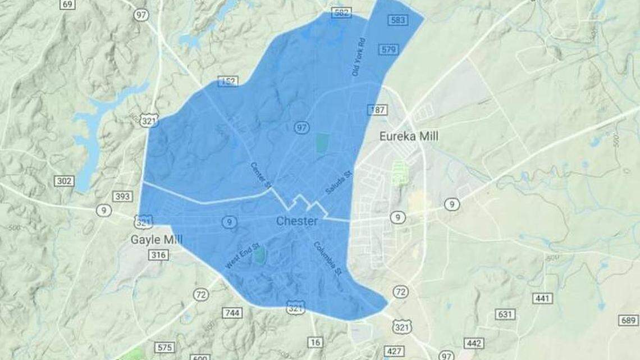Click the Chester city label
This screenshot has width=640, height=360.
coord(296,221)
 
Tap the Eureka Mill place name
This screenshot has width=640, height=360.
coord(409,136)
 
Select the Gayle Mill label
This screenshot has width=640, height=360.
coord(157,240)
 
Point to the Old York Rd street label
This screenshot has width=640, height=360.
coord(358,57)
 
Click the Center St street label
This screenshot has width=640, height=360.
coord(260,176)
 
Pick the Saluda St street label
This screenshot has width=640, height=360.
coord(339,183)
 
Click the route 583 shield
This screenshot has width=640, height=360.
coord(397,20)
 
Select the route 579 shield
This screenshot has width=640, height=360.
coord(388,49)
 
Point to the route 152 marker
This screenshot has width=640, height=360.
coord(227,81)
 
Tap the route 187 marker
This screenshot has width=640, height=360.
coord(377,110)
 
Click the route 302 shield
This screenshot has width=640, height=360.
coord(65,181)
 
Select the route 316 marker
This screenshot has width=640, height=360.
coord(158,256)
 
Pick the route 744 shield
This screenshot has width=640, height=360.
coord(232,313)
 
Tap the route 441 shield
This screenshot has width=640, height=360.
coord(542,298)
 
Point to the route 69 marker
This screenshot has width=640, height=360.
coord(67,4)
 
